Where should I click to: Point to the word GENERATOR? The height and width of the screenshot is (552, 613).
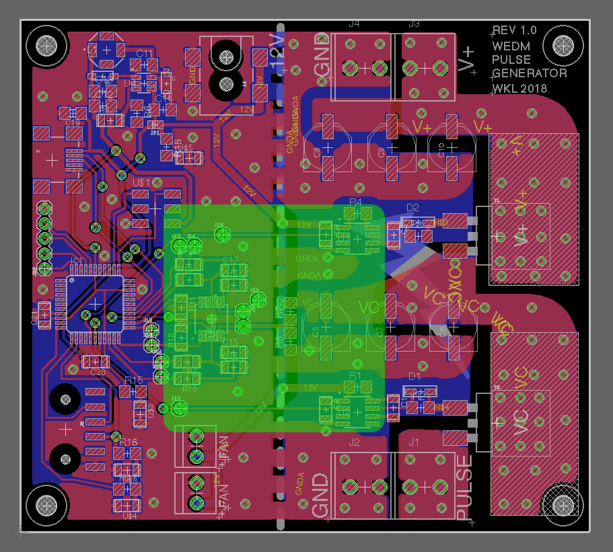pyautogui.click(x=530, y=73)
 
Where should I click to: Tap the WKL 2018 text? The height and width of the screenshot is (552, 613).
pyautogui.click(x=519, y=88)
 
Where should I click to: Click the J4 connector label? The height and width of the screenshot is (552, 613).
pyautogui.click(x=354, y=24)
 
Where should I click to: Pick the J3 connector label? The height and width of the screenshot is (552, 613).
pyautogui.click(x=414, y=24)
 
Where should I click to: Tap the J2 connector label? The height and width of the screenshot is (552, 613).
pyautogui.click(x=355, y=442)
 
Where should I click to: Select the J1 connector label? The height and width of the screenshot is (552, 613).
pyautogui.click(x=413, y=442)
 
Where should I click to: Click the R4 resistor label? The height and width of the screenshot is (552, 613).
pyautogui.click(x=355, y=202)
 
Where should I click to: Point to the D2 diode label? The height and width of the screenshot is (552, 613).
pyautogui.click(x=412, y=207)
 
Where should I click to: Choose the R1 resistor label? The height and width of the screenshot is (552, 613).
pyautogui.click(x=355, y=374)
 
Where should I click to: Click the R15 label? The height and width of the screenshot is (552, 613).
pyautogui.click(x=134, y=381)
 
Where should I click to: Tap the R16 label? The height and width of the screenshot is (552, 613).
pyautogui.click(x=129, y=442)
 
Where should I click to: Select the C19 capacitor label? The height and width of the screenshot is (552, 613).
pyautogui.click(x=73, y=123)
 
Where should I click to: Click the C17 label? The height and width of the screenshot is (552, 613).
pyautogui.click(x=231, y=260)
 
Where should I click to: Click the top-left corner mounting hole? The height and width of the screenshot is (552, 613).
pyautogui.click(x=47, y=46)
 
